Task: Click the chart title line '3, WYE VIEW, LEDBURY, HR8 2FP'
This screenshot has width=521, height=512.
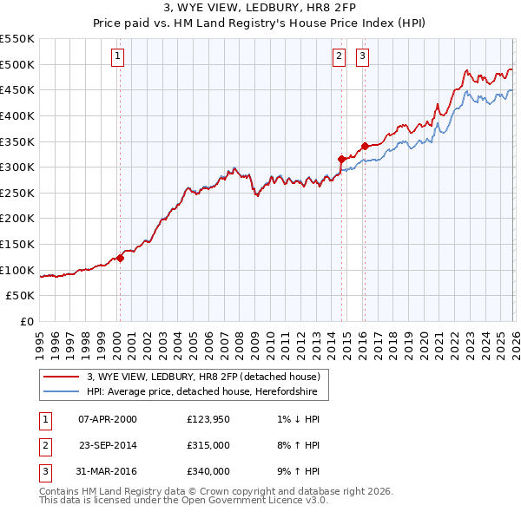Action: click(x=260, y=8)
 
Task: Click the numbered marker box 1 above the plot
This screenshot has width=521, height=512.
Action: click(x=118, y=57)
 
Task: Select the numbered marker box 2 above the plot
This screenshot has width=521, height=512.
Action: click(x=339, y=57)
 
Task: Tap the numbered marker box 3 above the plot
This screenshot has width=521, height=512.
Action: click(x=362, y=57)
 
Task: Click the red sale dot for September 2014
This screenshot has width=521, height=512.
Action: click(x=341, y=159)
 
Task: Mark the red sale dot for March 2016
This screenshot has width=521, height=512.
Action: click(x=365, y=146)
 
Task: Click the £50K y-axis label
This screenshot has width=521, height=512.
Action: click(x=21, y=296)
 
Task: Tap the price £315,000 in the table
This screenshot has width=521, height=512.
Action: click(x=208, y=445)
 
